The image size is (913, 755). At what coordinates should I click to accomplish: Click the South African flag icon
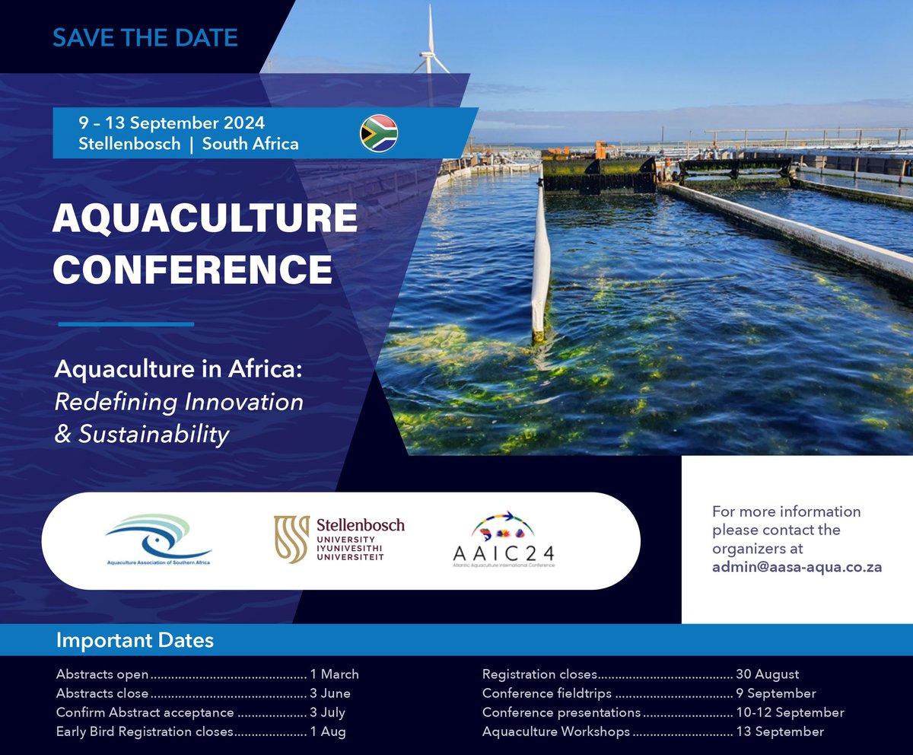click(x=379, y=133)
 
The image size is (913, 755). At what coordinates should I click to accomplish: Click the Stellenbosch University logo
click(x=339, y=539)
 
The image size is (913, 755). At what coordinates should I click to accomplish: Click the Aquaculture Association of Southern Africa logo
click(x=158, y=540)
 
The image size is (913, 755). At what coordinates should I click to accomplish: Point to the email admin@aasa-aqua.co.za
click(x=797, y=567)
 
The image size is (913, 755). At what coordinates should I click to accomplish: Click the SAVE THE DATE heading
click(x=145, y=37)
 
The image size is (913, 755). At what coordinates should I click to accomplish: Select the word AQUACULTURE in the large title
click(x=205, y=219)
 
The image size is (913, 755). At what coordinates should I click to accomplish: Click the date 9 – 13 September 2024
click(x=171, y=123)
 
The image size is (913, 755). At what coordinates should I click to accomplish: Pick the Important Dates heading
click(x=135, y=640)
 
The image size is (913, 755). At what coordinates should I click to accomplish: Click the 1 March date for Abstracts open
click(x=334, y=674)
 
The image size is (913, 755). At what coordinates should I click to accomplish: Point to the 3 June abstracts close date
click(x=330, y=693)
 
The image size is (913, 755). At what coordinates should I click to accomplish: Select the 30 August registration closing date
click(x=768, y=674)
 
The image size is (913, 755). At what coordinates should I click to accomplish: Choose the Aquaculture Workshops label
click(x=556, y=731)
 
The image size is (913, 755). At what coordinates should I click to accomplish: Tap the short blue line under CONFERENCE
click(x=126, y=324)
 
